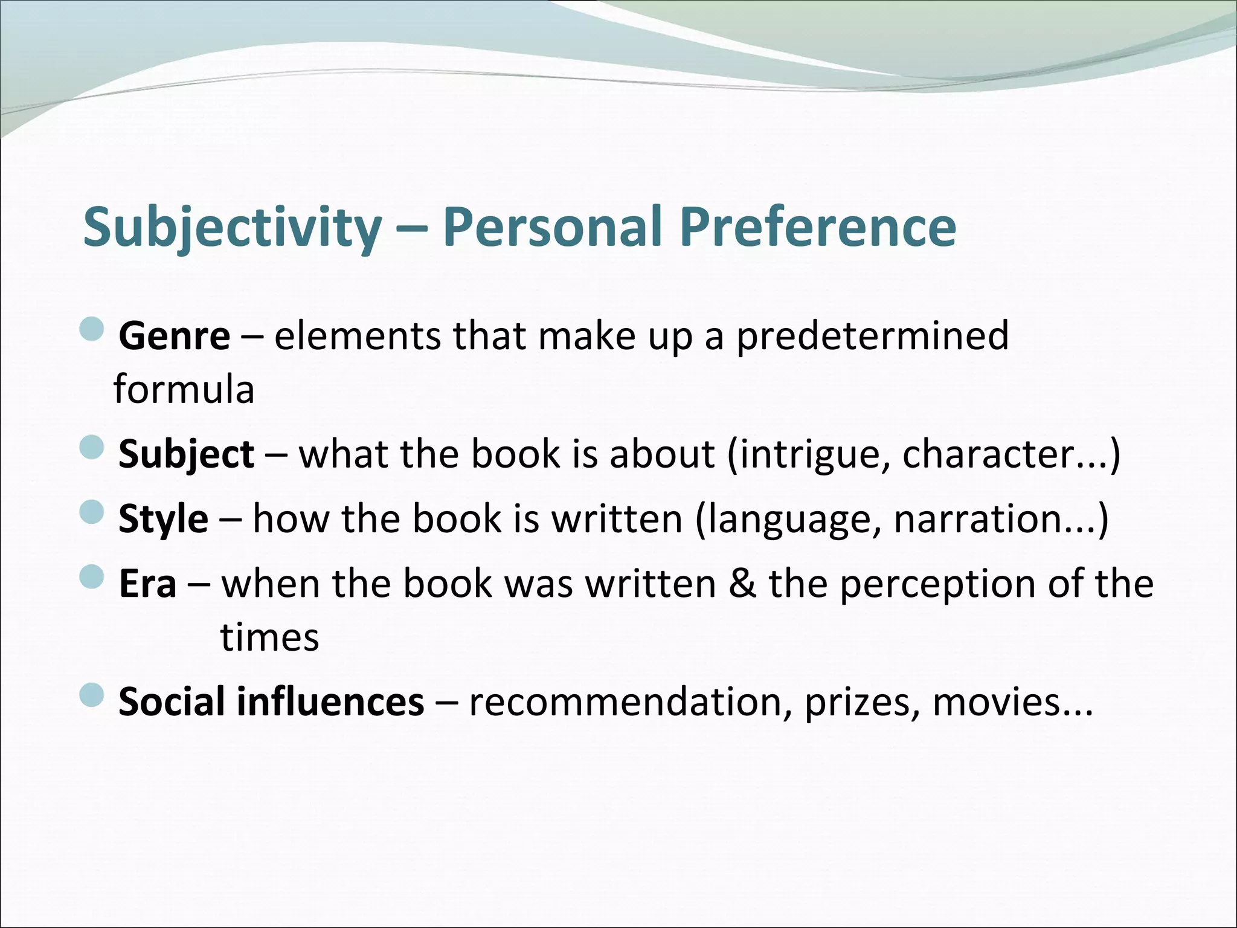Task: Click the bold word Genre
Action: pos(174,337)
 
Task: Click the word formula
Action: pos(184,390)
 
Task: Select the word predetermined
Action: pos(872,337)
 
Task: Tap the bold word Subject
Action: pos(186,454)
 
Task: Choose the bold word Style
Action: pos(163,519)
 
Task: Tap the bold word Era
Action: pos(147,584)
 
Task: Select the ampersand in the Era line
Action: pos(741,584)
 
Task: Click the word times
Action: pos(269,637)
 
